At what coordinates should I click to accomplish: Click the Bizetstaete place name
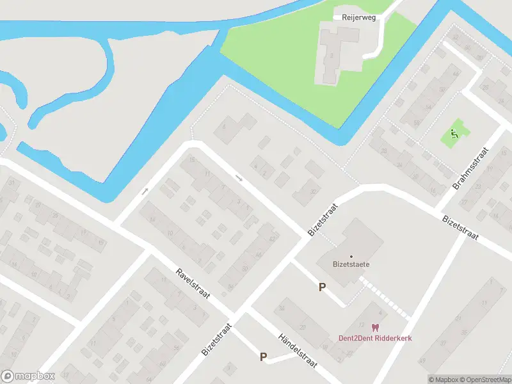pyautogui.click(x=351, y=264)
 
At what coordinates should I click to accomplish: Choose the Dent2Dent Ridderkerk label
pyautogui.click(x=375, y=338)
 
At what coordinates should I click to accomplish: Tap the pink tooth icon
pyautogui.click(x=375, y=328)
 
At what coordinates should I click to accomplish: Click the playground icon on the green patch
pyautogui.click(x=454, y=133)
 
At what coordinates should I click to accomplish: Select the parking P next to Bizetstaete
pyautogui.click(x=322, y=287)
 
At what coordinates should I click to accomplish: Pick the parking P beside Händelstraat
pyautogui.click(x=263, y=357)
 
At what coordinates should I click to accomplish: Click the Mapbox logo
pyautogui.click(x=28, y=376)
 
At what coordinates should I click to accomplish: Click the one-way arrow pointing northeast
pyautogui.click(x=145, y=191)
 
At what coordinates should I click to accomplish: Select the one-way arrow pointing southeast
pyautogui.click(x=239, y=178)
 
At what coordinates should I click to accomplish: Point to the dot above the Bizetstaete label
pyautogui.click(x=351, y=256)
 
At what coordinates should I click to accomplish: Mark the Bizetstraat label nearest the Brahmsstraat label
pyautogui.click(x=461, y=228)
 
